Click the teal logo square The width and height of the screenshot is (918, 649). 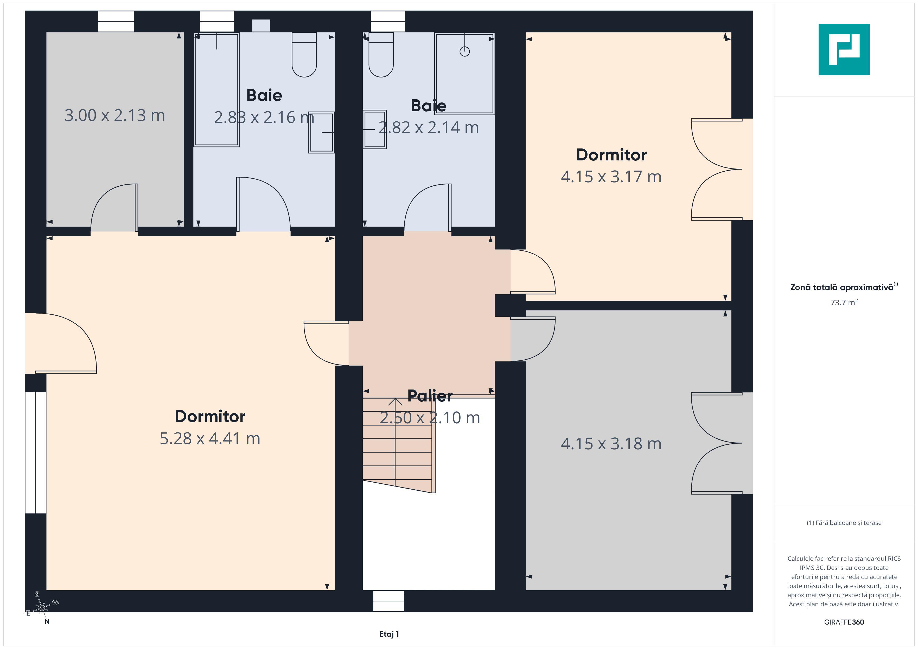point(844,50)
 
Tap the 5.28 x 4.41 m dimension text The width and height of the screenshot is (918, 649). point(210,438)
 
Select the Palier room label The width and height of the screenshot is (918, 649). point(430,396)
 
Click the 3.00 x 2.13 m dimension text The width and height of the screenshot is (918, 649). point(115,115)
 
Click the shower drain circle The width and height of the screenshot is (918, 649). point(465,51)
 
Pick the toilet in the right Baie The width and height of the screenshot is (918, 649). point(381,55)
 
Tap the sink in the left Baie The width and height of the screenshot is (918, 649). point(321,132)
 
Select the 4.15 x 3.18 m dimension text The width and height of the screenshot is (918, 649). point(611,444)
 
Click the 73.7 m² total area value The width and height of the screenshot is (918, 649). point(844,302)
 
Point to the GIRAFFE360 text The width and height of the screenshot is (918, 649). point(844,622)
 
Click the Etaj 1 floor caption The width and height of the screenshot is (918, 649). point(389,634)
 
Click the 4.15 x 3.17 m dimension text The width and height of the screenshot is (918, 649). point(611,177)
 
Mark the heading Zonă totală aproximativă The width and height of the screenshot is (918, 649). point(842,287)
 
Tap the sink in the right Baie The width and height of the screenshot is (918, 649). point(375,129)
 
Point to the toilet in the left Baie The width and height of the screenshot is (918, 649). point(304,55)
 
